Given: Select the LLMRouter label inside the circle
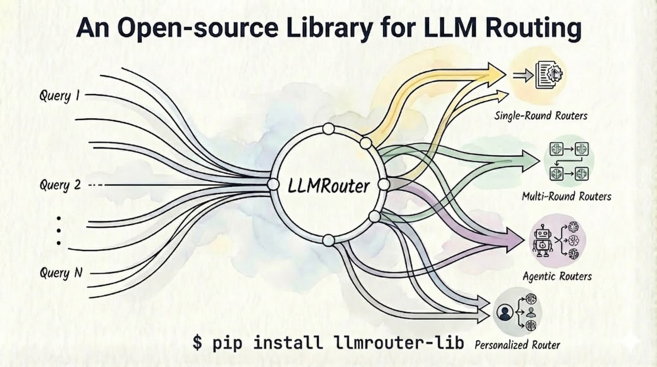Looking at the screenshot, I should pyautogui.click(x=329, y=186).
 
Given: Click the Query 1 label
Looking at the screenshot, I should pyautogui.click(x=59, y=96).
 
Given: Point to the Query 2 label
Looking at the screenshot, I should pyautogui.click(x=60, y=185).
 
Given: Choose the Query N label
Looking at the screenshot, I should pyautogui.click(x=61, y=273).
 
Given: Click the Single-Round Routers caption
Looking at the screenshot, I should pyautogui.click(x=540, y=116).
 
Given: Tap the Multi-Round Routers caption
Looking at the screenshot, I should pyautogui.click(x=566, y=196).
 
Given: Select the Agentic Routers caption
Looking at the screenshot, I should pyautogui.click(x=557, y=277).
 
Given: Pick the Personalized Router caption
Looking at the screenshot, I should pyautogui.click(x=517, y=344).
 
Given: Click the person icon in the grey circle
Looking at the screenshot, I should pyautogui.click(x=505, y=312).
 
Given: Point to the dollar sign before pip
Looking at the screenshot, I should pyautogui.click(x=198, y=342).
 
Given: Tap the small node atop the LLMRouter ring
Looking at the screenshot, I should pyautogui.click(x=328, y=129).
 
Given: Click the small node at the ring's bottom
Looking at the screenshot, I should pyautogui.click(x=328, y=240).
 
